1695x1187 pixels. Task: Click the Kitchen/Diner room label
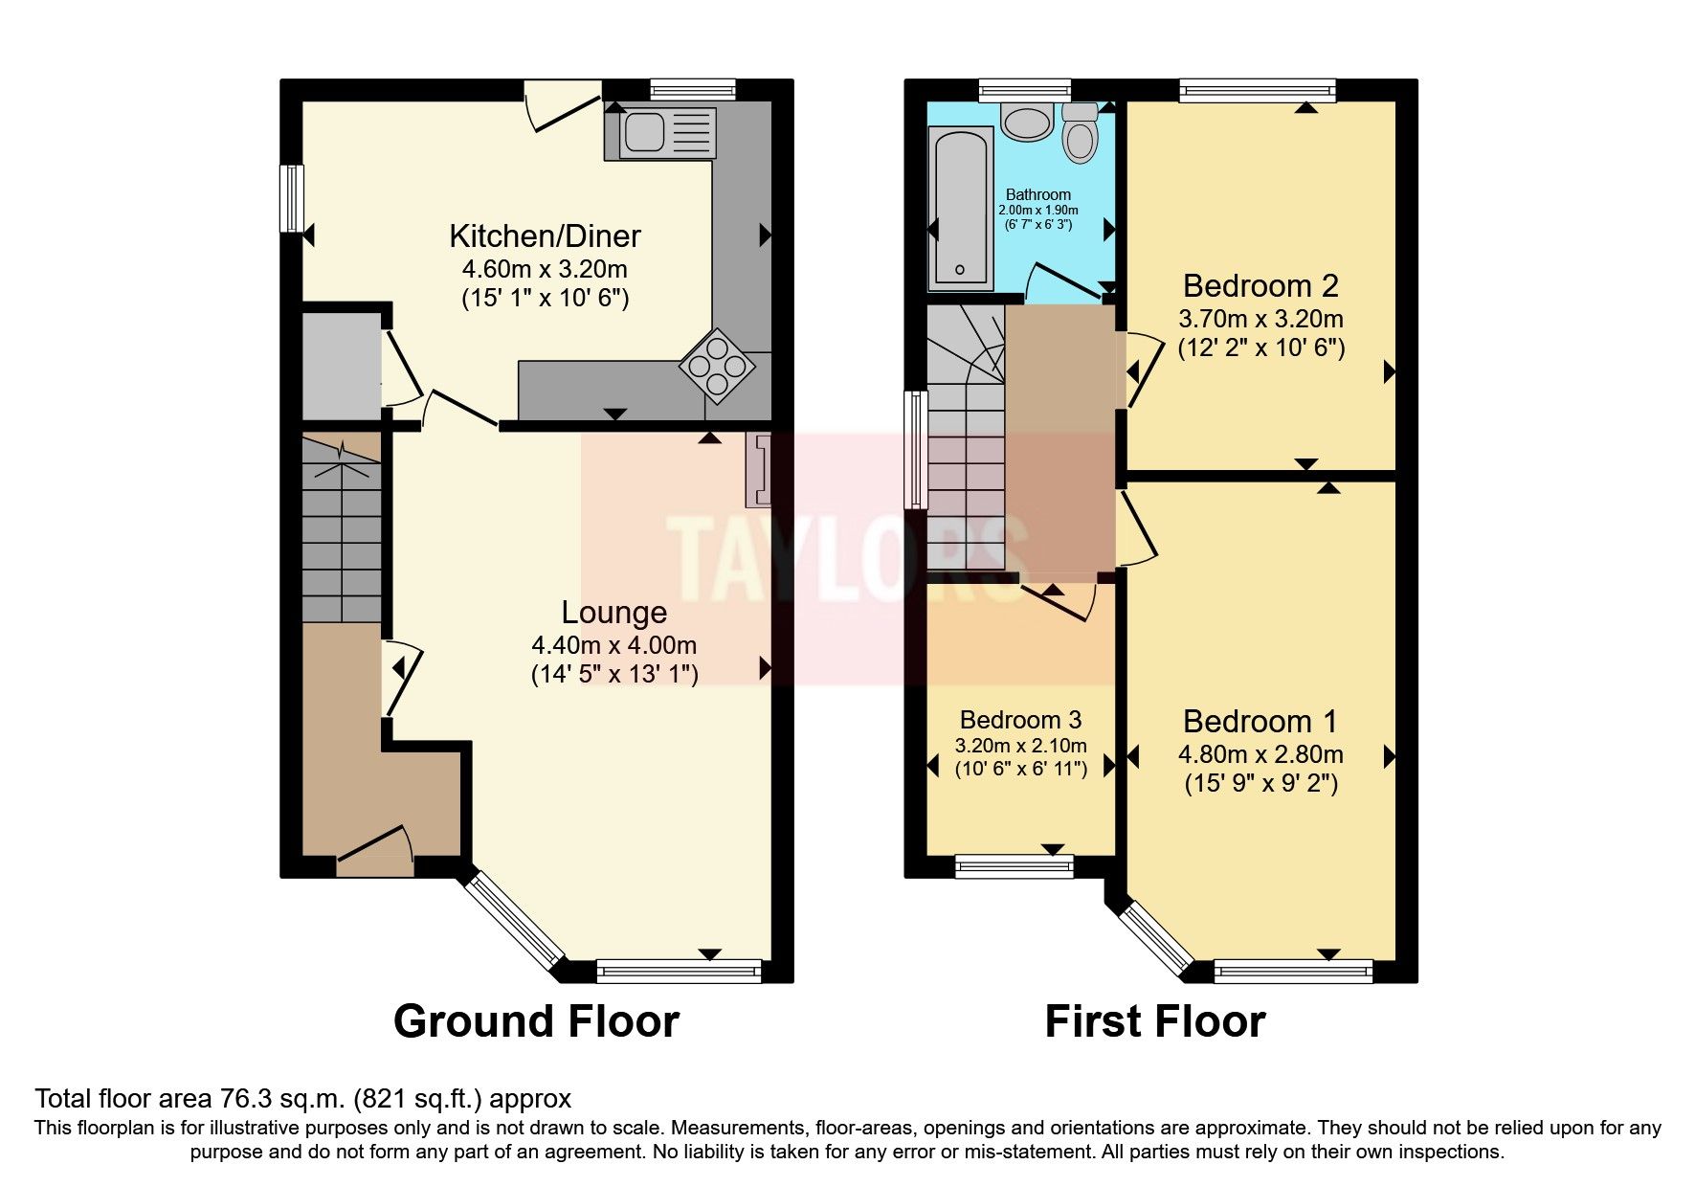click(545, 235)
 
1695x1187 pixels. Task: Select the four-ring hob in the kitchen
click(716, 363)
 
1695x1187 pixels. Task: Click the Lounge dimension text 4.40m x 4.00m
click(613, 644)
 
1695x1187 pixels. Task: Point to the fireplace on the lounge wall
click(758, 470)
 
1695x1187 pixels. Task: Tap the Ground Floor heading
click(536, 1021)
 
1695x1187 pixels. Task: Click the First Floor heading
click(1154, 1021)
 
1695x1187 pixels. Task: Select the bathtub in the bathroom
click(961, 209)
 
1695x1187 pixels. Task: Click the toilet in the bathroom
click(1081, 134)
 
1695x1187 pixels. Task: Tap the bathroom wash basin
click(1026, 123)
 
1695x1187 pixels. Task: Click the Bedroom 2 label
click(1260, 285)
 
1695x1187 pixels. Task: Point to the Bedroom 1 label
click(1260, 721)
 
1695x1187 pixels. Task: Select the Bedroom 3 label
click(1020, 720)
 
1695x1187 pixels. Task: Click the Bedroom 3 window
click(1015, 865)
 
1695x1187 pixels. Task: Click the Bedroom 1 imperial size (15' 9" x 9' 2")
click(1260, 784)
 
